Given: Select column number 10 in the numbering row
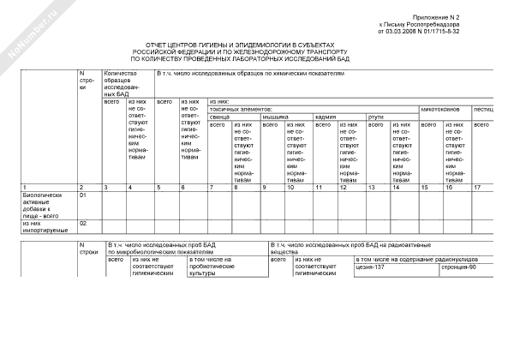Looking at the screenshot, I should (x=290, y=187).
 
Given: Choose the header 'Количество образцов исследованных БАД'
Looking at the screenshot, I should (x=121, y=84).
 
